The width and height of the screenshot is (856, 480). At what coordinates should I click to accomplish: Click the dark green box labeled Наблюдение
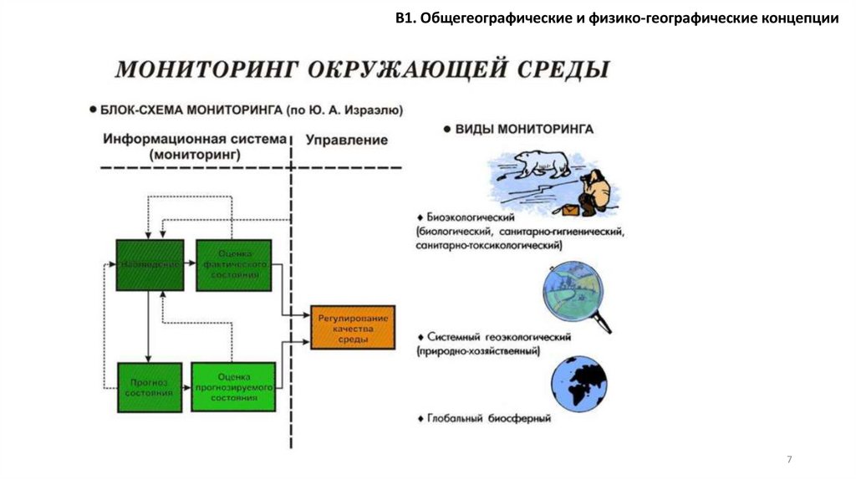tap(150, 265)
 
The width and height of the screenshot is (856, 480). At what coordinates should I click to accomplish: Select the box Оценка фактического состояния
tap(234, 265)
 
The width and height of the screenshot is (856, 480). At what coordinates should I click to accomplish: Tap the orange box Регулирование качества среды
tap(352, 328)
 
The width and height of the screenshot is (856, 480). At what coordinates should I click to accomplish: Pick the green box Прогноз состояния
tap(150, 386)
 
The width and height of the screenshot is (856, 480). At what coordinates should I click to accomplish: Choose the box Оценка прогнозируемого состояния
tap(233, 387)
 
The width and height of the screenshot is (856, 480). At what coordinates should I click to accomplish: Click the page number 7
tap(789, 460)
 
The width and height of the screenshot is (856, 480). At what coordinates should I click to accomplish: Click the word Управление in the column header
tap(346, 140)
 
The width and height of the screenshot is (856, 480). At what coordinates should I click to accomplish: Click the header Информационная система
tap(195, 139)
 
